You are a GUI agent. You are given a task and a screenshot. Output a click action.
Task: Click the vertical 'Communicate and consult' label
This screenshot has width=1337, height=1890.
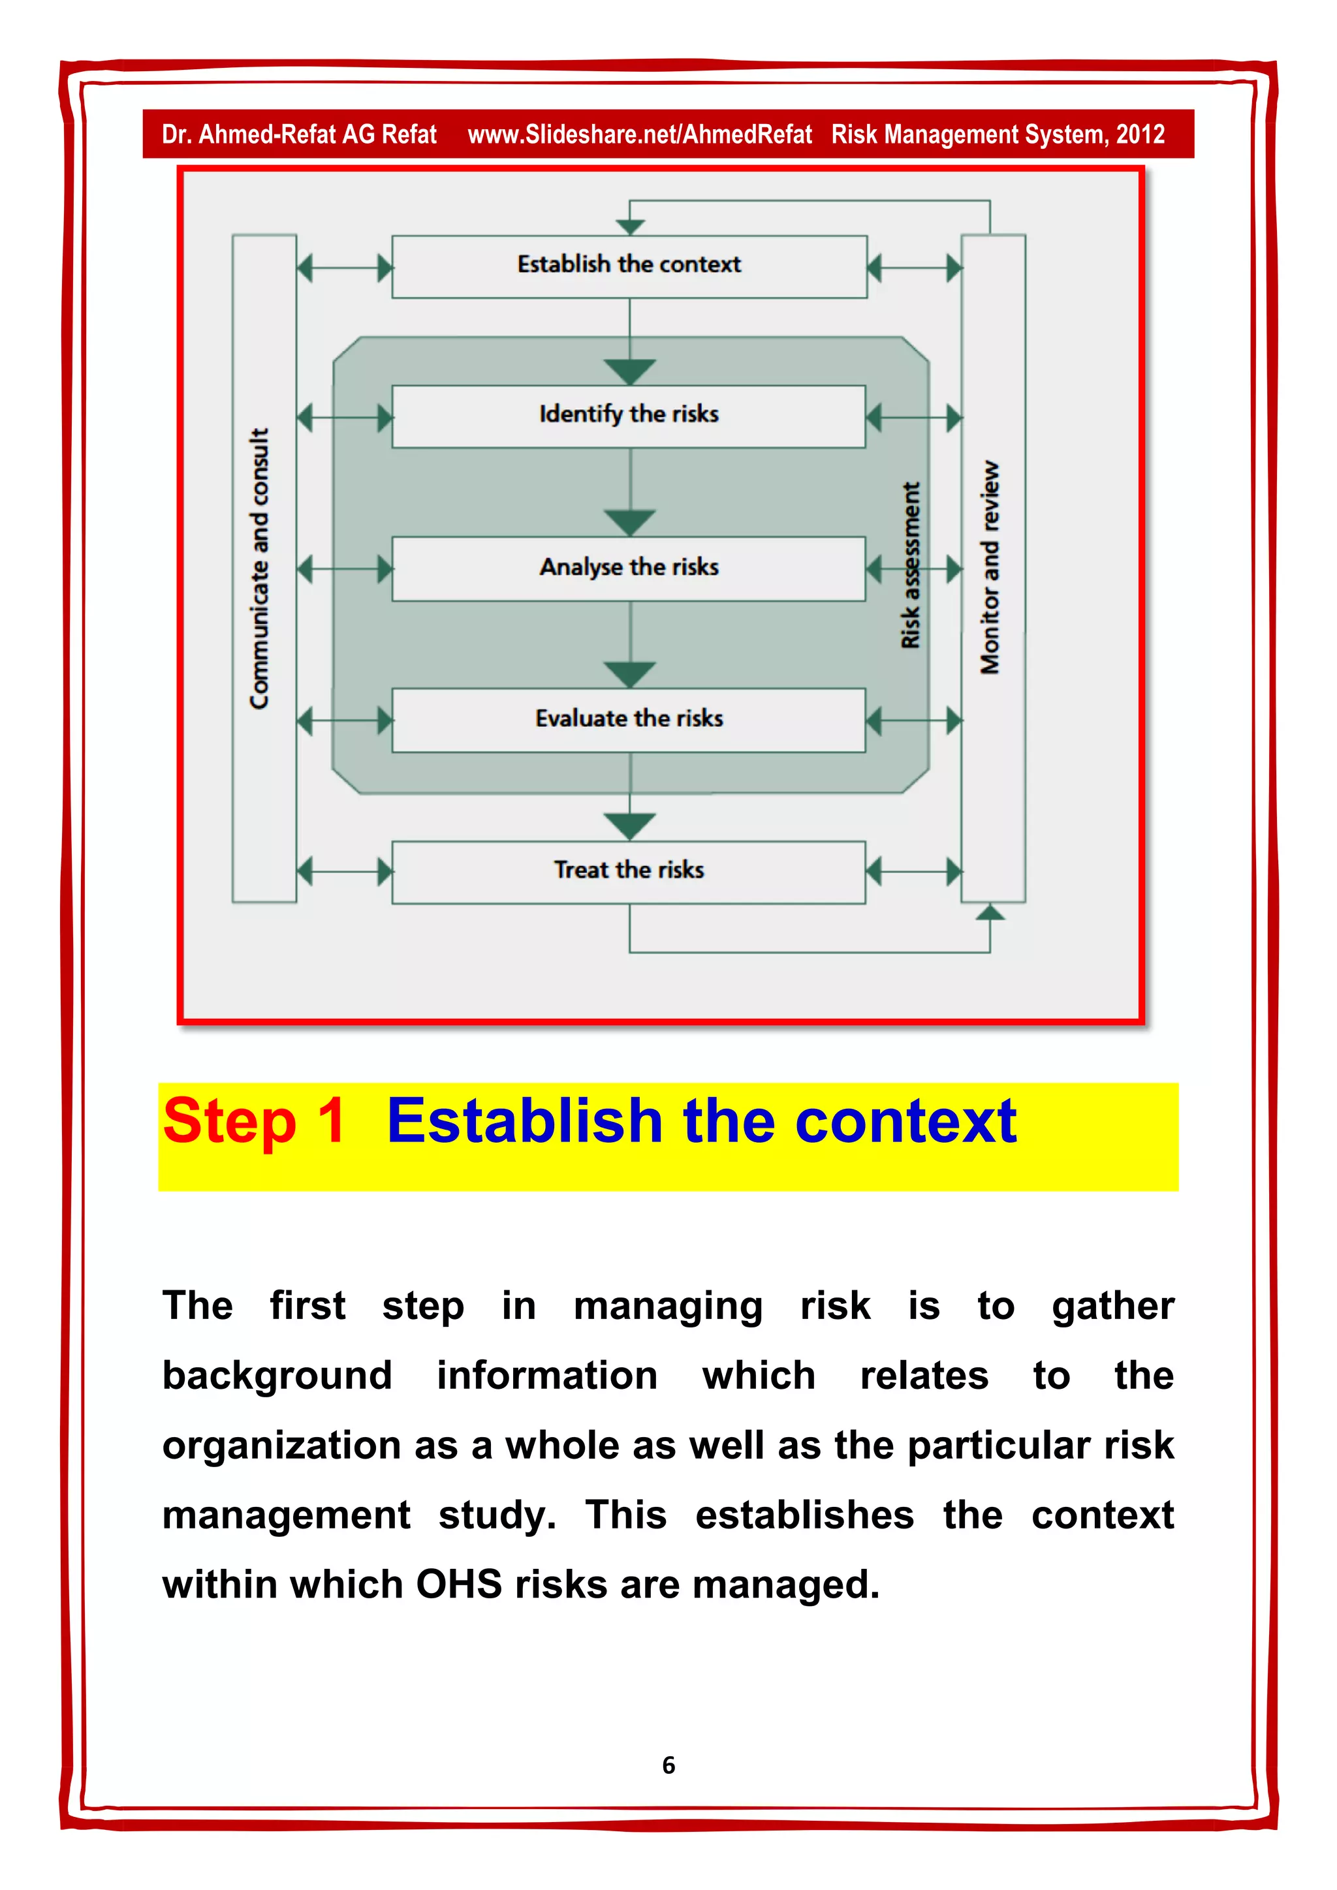tap(260, 568)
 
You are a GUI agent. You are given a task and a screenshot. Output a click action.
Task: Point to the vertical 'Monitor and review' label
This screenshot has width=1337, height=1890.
tap(990, 568)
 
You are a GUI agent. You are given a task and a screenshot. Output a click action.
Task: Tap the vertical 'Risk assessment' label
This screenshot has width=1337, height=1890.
tap(911, 566)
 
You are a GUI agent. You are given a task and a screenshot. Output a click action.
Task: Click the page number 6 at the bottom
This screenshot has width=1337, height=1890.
tap(668, 1764)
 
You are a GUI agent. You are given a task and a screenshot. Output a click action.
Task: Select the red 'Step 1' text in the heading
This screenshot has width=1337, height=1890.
tap(253, 1121)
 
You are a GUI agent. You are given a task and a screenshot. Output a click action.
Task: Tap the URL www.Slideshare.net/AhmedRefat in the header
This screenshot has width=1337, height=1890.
tap(640, 134)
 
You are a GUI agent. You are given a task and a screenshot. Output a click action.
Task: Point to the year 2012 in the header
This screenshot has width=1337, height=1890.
tap(1140, 134)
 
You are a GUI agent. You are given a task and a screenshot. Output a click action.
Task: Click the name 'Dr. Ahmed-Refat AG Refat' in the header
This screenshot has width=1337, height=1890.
tap(299, 134)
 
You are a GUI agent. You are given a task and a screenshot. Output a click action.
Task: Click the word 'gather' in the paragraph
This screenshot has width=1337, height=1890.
tap(1113, 1307)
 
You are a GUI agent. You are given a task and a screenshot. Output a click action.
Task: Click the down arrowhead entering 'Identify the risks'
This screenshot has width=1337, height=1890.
tap(630, 372)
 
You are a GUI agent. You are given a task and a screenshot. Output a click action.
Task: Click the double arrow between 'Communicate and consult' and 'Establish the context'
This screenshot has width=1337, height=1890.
tap(344, 268)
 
